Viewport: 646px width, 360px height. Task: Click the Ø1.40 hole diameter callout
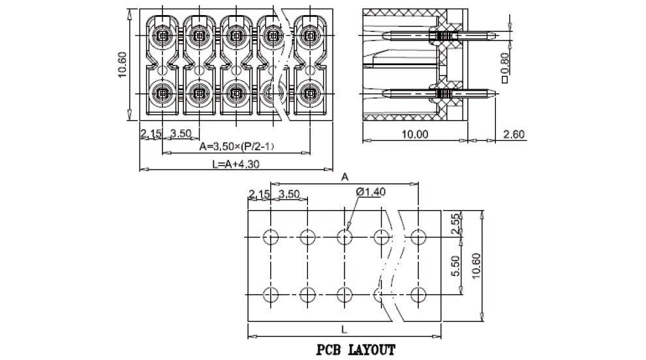click(x=371, y=192)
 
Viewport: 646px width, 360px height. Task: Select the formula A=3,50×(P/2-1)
click(x=236, y=146)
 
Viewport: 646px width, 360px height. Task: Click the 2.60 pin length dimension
click(x=514, y=134)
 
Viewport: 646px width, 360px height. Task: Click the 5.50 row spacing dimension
click(x=456, y=266)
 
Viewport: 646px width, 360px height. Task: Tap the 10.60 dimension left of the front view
click(x=122, y=65)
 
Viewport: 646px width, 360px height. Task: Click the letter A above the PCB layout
click(x=345, y=176)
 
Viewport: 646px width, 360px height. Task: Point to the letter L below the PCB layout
click(x=345, y=329)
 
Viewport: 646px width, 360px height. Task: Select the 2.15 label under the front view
click(x=151, y=134)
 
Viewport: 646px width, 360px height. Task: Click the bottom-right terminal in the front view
click(x=308, y=93)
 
